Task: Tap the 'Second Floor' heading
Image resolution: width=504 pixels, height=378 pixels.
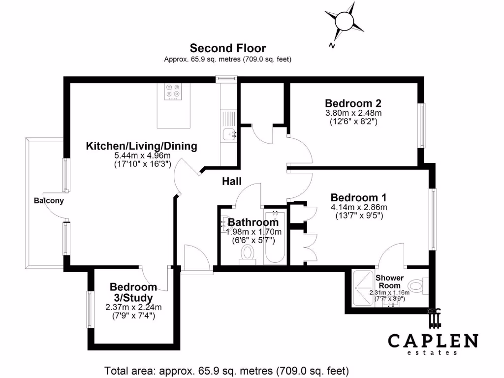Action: (228, 48)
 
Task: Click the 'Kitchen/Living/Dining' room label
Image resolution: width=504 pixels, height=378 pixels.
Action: (142, 146)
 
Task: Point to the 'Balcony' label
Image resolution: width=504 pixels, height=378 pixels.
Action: (49, 201)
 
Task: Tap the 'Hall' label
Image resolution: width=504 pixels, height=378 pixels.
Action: (231, 182)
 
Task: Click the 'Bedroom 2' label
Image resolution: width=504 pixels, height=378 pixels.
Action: (353, 103)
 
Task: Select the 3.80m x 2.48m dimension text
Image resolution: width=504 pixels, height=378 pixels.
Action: (353, 113)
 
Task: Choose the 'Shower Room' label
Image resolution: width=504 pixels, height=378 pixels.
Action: (389, 282)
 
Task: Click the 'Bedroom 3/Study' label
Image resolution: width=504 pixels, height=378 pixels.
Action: (133, 292)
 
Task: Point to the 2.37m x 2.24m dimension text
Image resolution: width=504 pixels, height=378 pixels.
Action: (133, 308)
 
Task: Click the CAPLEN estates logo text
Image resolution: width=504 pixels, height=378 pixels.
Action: (433, 341)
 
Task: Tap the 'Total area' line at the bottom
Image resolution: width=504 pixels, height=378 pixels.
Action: (226, 370)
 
